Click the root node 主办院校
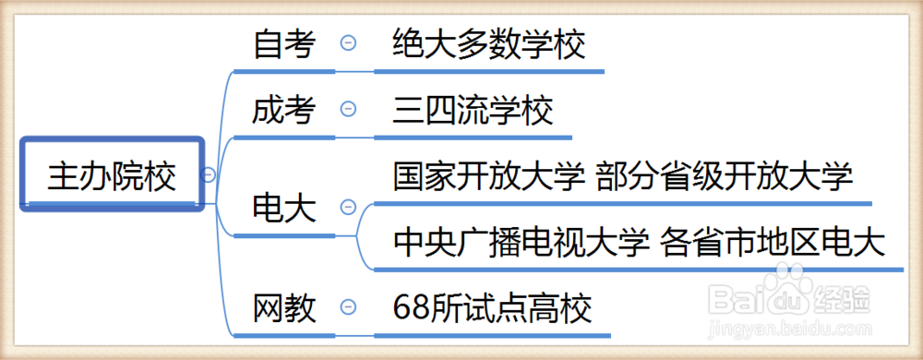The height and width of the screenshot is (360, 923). pos(112,175)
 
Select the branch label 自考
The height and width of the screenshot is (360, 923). pos(284,43)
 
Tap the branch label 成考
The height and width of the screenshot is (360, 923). pos(284,111)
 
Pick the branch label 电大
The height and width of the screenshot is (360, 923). pos(284,208)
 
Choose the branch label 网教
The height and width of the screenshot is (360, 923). pos(284,307)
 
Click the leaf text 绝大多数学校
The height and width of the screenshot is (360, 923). pos(488,43)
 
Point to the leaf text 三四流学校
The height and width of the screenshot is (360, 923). pos(473,111)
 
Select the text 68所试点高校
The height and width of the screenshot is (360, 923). pos(491,306)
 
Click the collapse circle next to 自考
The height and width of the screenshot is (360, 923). pos(348,42)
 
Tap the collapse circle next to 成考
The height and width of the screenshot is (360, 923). pos(348,110)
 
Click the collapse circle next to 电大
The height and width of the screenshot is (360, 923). pos(348,207)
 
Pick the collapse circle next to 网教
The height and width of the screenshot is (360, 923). pos(348,306)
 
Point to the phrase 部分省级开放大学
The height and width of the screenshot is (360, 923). pos(724,175)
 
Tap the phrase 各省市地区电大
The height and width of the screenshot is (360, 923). pos(773,242)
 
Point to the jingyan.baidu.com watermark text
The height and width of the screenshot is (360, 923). pos(785,330)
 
